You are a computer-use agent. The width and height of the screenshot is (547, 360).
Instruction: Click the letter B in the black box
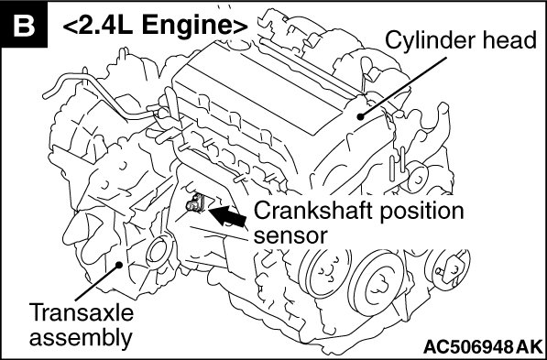(x=24, y=25)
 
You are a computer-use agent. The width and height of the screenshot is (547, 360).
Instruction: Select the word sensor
(x=290, y=236)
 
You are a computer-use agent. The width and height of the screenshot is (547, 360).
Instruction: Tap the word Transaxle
(x=82, y=311)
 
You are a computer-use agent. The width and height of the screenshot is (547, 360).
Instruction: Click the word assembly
(x=81, y=338)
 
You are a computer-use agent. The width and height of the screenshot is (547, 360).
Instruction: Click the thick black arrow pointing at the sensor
(x=228, y=216)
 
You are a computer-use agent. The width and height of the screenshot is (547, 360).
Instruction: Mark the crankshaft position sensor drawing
(x=196, y=203)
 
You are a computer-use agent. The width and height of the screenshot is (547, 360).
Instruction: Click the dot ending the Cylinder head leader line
(x=361, y=116)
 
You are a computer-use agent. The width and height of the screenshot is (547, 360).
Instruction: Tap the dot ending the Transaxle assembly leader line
(x=118, y=265)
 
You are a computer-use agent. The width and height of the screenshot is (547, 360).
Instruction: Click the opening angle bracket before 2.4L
(x=70, y=27)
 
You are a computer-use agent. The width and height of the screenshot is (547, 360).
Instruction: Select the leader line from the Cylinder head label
(x=404, y=87)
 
